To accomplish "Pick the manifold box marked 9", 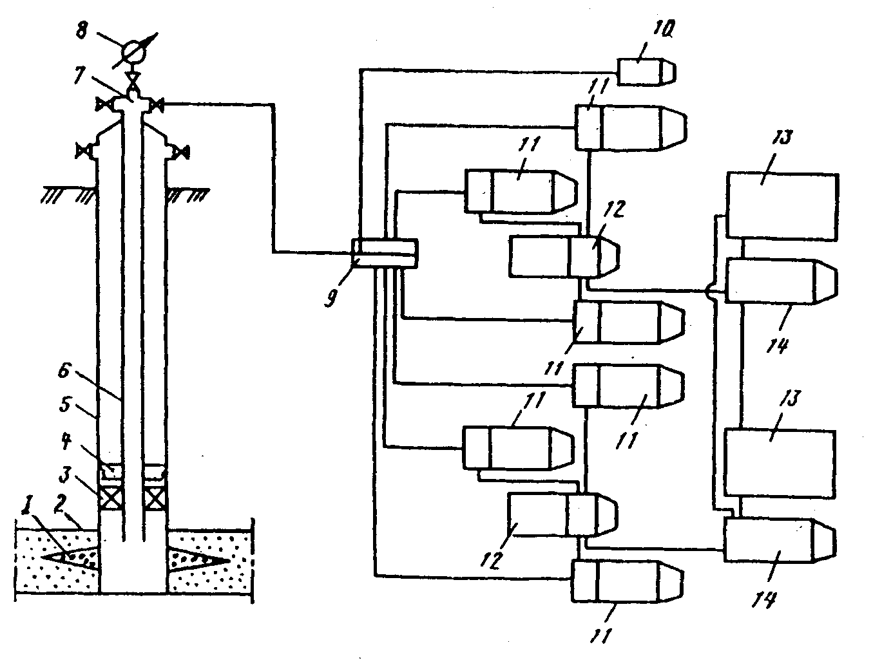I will tap(385, 250).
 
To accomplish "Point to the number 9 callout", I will tap(332, 297).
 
